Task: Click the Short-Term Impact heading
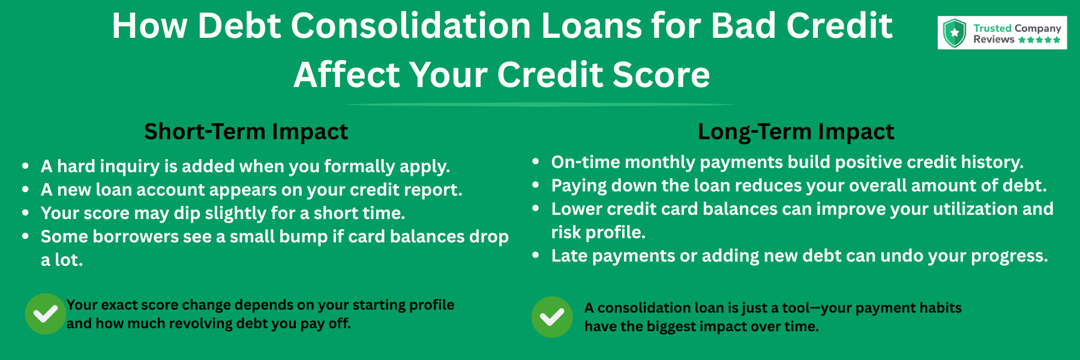pos(246,131)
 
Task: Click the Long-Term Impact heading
pos(796,131)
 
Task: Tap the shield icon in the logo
pos(954,33)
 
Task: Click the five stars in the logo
pos(1039,40)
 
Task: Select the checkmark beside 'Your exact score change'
pos(45,314)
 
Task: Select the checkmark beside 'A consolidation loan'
pos(552,317)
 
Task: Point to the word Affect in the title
pos(346,75)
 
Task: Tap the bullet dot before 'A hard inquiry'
pos(25,166)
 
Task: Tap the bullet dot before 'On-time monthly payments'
pos(536,162)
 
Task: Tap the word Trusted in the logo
pos(992,28)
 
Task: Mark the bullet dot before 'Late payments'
pos(536,256)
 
